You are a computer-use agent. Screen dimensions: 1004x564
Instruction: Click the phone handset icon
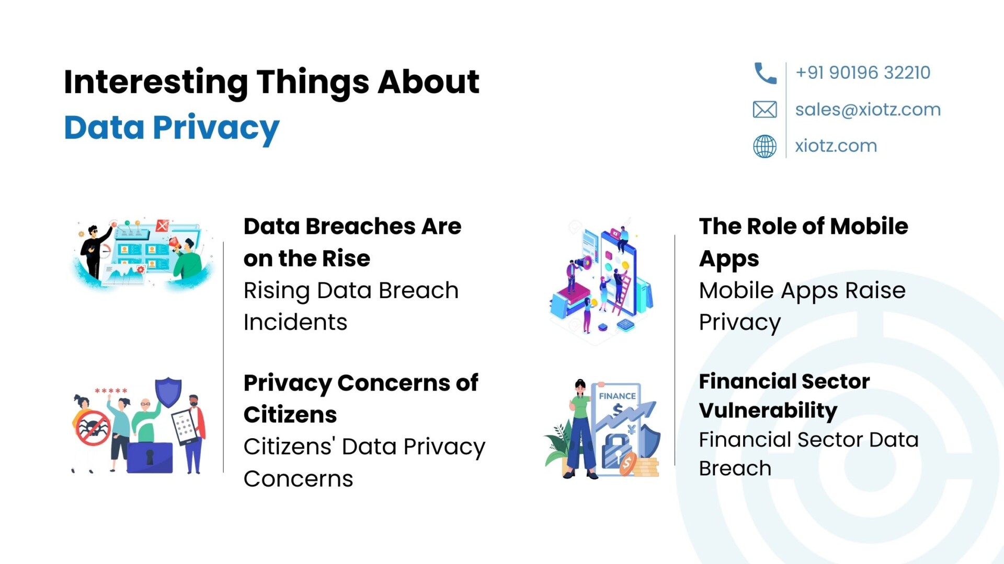(x=765, y=73)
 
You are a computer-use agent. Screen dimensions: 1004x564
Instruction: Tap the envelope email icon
(x=765, y=110)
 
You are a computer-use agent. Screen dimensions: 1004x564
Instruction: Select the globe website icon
(x=765, y=146)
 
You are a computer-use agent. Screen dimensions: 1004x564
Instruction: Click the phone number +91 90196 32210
(x=863, y=73)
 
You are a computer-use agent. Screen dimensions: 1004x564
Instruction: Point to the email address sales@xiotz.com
(x=868, y=110)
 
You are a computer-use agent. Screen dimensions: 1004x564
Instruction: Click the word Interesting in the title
(x=156, y=83)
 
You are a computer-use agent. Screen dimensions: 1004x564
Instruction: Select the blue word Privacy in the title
(x=216, y=128)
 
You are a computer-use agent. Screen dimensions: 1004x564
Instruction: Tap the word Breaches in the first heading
(x=360, y=227)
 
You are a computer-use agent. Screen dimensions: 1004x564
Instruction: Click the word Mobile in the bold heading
(x=869, y=227)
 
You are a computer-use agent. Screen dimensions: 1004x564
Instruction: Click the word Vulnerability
(x=768, y=411)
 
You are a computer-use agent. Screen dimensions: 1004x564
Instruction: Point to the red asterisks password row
(x=111, y=391)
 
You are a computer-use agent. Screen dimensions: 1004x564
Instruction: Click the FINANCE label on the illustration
(x=617, y=396)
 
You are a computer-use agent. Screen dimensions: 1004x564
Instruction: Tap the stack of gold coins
(x=646, y=467)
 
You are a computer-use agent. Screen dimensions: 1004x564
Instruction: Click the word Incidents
(x=295, y=323)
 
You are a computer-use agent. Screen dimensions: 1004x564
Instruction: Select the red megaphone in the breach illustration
(x=175, y=244)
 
